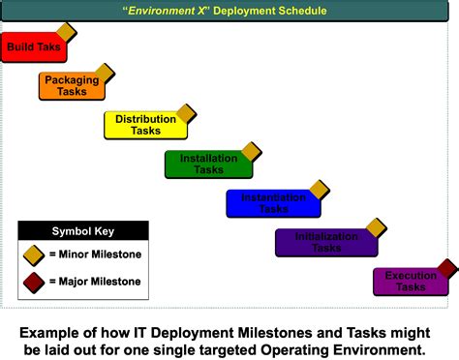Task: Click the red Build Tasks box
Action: click(29, 47)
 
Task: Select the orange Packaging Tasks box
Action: click(71, 86)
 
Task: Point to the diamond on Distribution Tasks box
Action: click(186, 113)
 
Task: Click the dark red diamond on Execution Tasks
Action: click(446, 268)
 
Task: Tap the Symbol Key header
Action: click(84, 231)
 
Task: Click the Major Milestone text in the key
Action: click(95, 282)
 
